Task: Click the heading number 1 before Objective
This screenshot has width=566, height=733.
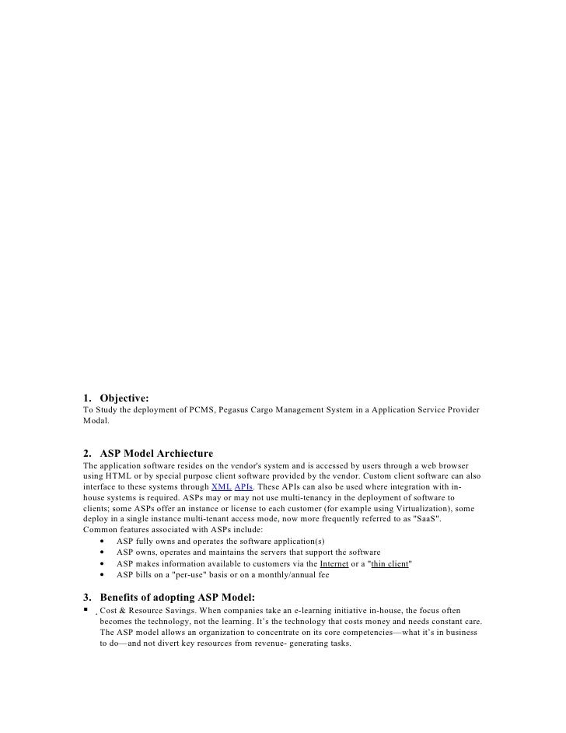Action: (x=86, y=398)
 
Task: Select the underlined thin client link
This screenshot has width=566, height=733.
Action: (x=390, y=563)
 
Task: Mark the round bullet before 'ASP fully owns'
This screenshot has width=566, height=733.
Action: (x=103, y=541)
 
